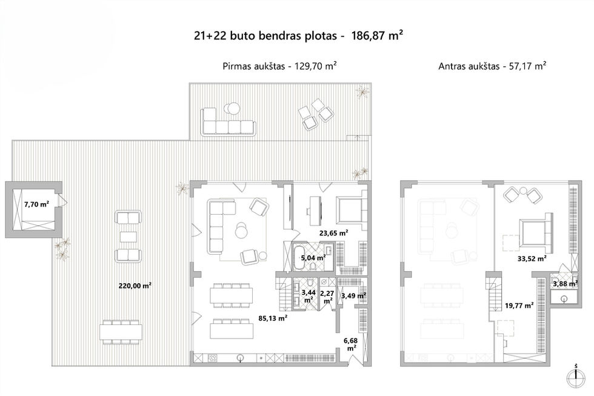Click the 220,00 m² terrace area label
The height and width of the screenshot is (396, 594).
click(135, 286)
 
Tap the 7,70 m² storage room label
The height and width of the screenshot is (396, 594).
click(36, 204)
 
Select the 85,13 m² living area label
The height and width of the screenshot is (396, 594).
click(272, 318)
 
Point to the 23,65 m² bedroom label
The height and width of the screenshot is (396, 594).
click(333, 233)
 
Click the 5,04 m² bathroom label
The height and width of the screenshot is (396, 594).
click(313, 258)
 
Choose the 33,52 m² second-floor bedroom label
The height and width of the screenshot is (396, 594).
click(532, 259)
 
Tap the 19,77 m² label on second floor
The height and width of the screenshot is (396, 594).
click(519, 305)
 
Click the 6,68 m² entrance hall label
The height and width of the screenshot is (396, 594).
click(351, 344)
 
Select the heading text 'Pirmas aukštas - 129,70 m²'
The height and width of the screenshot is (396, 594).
click(279, 66)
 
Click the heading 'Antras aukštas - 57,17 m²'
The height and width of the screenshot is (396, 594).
click(492, 66)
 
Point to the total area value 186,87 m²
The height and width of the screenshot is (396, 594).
click(377, 36)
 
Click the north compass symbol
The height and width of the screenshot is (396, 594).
click(576, 377)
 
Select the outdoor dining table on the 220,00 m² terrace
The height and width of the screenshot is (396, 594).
click(121, 332)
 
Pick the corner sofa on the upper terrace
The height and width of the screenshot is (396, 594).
click(228, 122)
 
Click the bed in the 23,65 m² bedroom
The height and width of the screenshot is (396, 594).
click(351, 210)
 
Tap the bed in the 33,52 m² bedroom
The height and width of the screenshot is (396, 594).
click(535, 232)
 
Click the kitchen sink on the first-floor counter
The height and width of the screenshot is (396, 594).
click(239, 358)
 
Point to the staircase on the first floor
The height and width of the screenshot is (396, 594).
click(282, 294)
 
